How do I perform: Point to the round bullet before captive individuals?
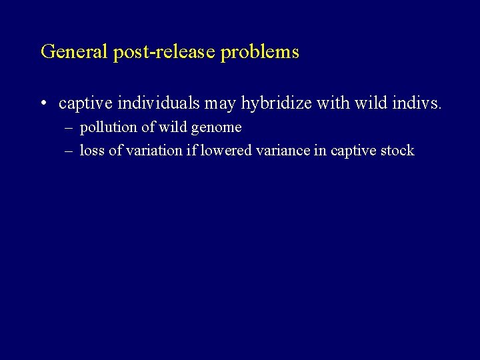coord(43,104)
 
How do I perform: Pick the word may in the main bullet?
coord(221,104)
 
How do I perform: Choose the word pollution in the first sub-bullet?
coord(109,127)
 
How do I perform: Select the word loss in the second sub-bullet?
coord(92,150)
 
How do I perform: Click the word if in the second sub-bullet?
coord(191,150)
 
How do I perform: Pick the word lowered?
coord(222,150)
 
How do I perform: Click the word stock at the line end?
coord(398,150)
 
